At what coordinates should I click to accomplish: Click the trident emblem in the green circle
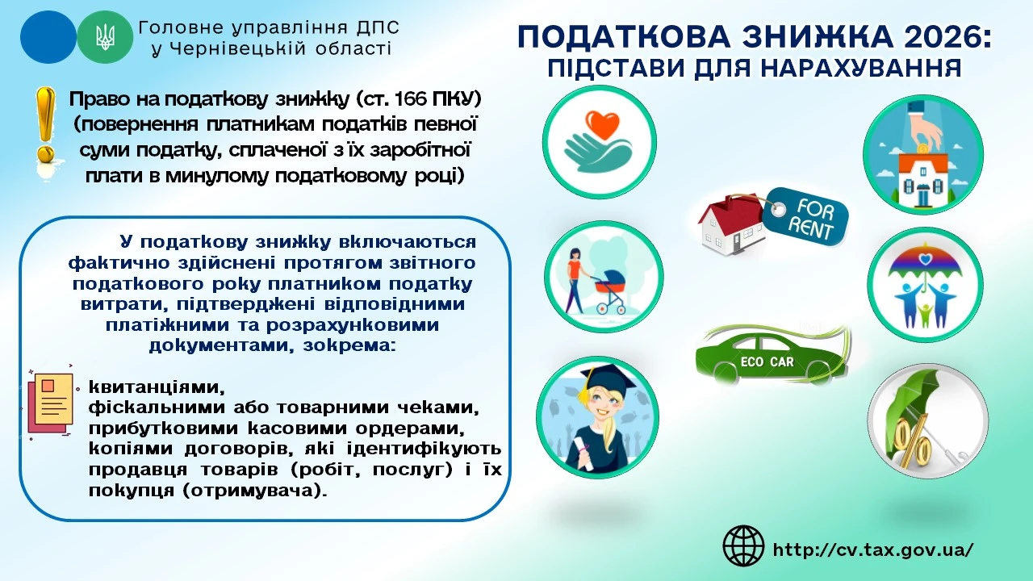coord(104,36)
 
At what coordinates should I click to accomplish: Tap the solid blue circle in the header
coord(48,36)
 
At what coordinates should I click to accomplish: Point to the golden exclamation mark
coord(45,125)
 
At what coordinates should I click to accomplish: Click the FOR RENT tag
coord(806,215)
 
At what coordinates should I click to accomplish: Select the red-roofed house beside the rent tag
coord(731,224)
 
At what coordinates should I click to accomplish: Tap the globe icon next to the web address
coord(743,546)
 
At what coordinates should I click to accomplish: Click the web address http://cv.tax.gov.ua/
coord(873,550)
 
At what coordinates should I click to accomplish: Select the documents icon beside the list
coord(49,401)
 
